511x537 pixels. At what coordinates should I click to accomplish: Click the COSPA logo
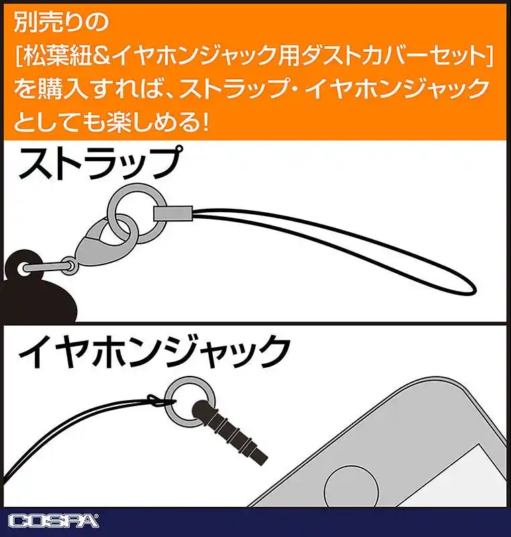54,521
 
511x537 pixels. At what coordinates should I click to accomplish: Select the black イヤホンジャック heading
154,352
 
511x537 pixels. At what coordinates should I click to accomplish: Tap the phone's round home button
351,488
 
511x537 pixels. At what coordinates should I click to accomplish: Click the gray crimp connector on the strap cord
173,213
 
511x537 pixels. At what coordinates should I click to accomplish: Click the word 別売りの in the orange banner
62,22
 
